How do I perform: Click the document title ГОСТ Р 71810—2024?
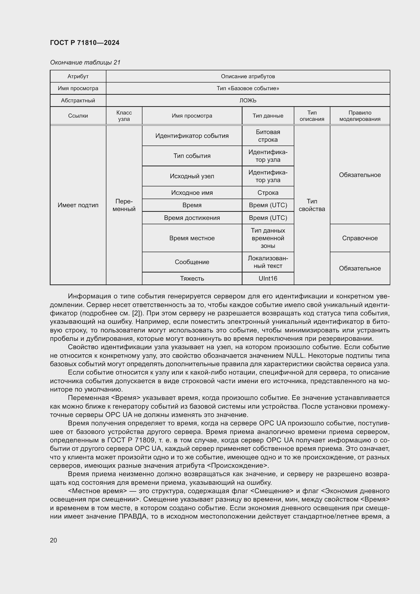(85, 43)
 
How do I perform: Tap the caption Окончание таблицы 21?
(85, 62)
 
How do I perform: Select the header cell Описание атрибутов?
(248, 76)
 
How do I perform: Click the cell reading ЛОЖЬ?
(248, 100)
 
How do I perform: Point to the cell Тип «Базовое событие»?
(248, 88)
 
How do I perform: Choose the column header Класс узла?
(124, 116)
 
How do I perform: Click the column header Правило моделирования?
(360, 116)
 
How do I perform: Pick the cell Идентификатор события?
(192, 136)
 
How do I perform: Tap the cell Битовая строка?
(268, 136)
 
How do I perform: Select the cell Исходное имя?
(192, 193)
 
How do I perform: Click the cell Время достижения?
(192, 218)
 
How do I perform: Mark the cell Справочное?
(360, 238)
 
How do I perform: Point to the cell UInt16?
(268, 278)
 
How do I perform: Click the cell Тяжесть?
(192, 278)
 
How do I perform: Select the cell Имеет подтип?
(78, 205)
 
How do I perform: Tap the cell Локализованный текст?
(268, 262)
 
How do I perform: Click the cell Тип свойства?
(312, 205)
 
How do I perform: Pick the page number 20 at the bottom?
(54, 540)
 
